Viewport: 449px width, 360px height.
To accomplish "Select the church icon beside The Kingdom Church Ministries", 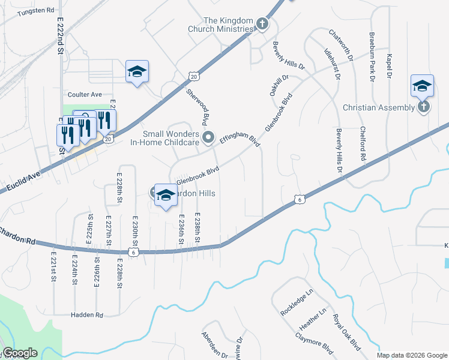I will tap(262, 24).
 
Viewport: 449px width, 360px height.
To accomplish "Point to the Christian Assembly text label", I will tap(378, 107).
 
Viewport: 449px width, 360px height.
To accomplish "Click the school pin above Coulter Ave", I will tap(137, 72).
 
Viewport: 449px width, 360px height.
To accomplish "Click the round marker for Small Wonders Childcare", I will tap(208, 137).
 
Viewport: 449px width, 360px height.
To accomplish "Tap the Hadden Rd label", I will tap(87, 314).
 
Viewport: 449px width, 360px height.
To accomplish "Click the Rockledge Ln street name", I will tap(297, 304).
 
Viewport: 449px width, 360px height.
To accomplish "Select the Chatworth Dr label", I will tap(340, 44).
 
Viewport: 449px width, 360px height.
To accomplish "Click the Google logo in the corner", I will tap(20, 353).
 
